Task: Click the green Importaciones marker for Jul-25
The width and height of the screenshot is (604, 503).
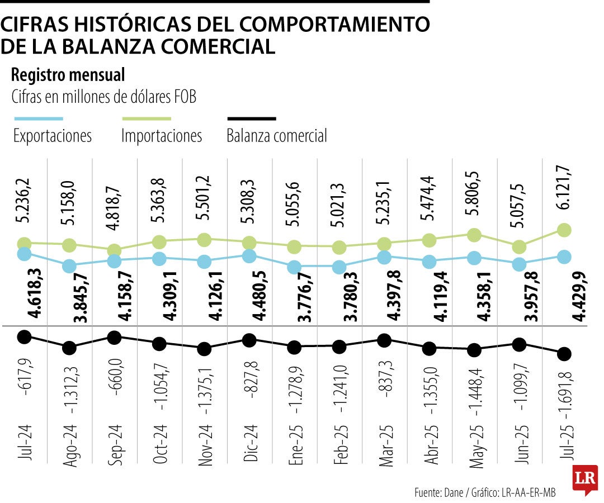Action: tap(564, 230)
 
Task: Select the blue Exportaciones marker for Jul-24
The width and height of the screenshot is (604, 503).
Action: tap(24, 254)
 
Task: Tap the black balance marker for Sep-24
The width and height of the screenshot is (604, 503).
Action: tap(114, 337)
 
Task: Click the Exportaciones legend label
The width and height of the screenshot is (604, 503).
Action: tap(52, 136)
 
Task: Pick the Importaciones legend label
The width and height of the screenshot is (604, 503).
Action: tap(162, 136)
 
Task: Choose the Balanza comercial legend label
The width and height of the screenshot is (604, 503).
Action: tap(277, 136)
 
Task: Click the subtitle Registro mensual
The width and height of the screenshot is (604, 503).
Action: tap(68, 74)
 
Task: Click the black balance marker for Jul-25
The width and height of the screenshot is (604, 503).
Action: tap(564, 353)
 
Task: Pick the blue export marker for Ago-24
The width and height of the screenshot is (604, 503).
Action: tap(69, 266)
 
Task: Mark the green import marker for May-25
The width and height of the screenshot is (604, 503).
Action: tap(474, 235)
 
